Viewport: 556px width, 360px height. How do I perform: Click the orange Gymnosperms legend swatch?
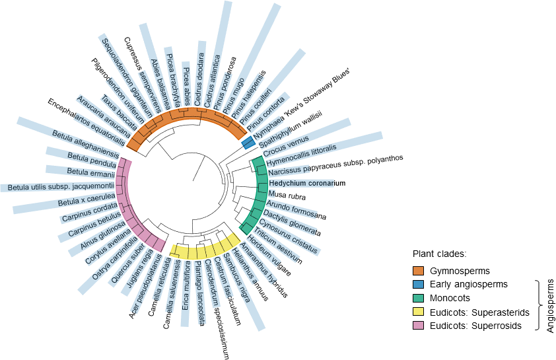(x=419, y=271)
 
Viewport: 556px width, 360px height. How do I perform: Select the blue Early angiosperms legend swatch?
(x=419, y=284)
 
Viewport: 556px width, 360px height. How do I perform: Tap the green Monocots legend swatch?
(x=419, y=298)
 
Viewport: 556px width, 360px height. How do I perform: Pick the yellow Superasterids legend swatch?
(x=419, y=312)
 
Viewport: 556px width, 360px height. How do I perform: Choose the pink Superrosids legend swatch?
(x=419, y=326)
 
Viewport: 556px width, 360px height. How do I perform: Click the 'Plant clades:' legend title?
(x=440, y=254)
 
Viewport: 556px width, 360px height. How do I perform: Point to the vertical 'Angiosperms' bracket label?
(x=550, y=305)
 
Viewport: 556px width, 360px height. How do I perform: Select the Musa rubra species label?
(x=287, y=195)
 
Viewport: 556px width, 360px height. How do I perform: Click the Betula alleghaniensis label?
(x=86, y=143)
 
